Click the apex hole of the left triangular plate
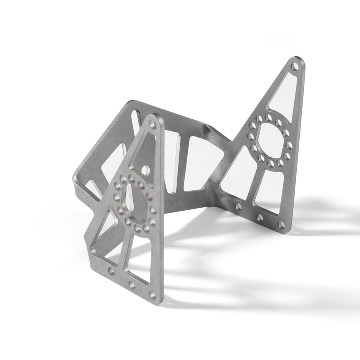(x=153, y=124)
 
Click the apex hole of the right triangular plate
(x=295, y=66)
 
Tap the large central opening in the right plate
(x=270, y=141)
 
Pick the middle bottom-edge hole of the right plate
(x=260, y=217)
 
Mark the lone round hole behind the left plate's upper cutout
(x=145, y=170)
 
